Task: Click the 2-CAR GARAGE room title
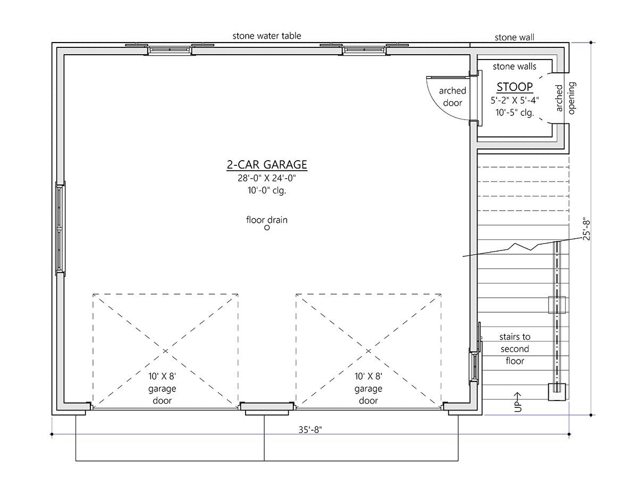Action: (x=266, y=164)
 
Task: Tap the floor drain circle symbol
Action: (x=266, y=228)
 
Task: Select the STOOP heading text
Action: (x=515, y=87)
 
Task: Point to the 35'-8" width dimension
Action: (x=310, y=430)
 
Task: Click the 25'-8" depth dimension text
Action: (x=586, y=229)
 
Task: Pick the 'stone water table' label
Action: (x=266, y=36)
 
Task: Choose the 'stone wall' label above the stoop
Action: (x=515, y=37)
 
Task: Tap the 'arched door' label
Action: (x=452, y=97)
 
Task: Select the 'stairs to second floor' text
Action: (x=515, y=348)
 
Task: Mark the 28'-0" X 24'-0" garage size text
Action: (x=266, y=178)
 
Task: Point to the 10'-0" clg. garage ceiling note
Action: (x=266, y=190)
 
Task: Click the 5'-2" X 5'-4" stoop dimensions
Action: (x=515, y=101)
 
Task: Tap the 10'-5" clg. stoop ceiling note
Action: (x=515, y=113)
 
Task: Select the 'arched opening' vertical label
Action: (x=565, y=98)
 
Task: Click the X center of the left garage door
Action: (x=165, y=351)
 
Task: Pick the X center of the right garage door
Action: (x=368, y=351)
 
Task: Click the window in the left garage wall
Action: (x=60, y=229)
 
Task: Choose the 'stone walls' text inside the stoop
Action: (x=515, y=66)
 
